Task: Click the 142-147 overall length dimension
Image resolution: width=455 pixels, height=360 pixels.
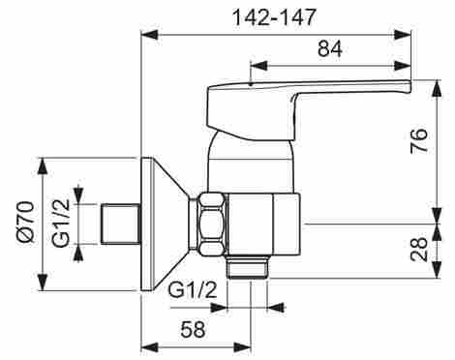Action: [274, 17]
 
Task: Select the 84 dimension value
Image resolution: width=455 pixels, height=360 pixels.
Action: [330, 49]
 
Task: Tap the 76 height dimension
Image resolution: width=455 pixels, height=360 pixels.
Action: [418, 140]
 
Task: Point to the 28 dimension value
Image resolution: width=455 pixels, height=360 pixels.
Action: [418, 250]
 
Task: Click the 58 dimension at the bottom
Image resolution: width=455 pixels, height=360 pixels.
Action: [193, 330]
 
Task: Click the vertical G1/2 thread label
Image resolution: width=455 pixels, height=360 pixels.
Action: [61, 223]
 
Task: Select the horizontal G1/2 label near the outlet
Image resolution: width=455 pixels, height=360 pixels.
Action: [193, 290]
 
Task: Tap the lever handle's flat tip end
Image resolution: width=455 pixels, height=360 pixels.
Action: [409, 87]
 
